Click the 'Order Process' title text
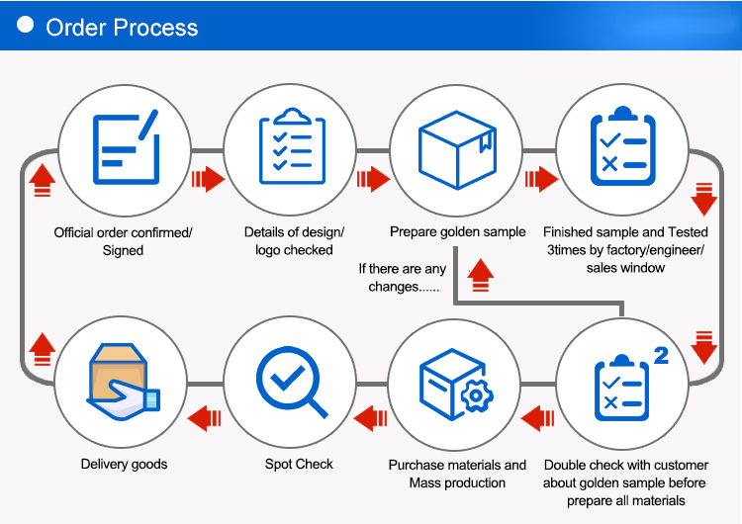122,27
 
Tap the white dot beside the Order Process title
27,25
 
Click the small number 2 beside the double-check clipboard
661,355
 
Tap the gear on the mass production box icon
477,395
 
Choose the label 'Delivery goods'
124,464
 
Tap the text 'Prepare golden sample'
457,231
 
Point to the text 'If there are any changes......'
402,277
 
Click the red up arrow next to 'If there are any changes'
481,274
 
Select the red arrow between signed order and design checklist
208,179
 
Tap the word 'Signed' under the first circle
124,250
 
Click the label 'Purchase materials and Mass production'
457,474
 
